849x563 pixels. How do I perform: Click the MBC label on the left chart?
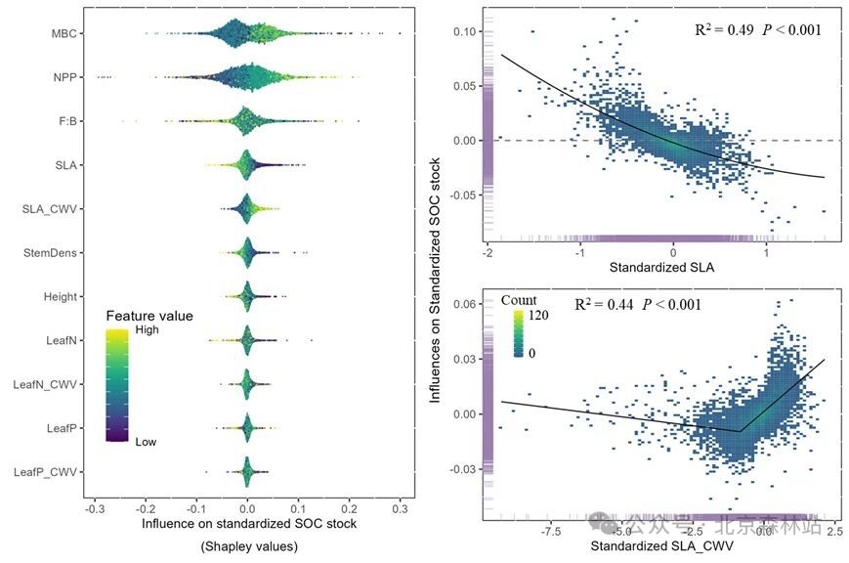tap(64, 34)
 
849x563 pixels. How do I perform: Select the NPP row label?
tap(65, 77)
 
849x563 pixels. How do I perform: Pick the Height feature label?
tap(61, 296)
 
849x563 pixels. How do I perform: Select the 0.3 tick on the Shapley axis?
tap(399, 509)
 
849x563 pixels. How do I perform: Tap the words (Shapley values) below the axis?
tap(249, 546)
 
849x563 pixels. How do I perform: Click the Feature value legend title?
tap(149, 317)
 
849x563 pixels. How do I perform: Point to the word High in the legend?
tap(147, 331)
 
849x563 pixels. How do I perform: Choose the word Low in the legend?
tap(146, 442)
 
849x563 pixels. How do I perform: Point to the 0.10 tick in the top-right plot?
tap(463, 31)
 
